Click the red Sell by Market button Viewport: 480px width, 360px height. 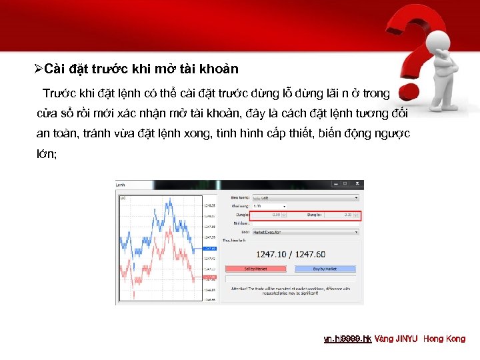click(x=256, y=269)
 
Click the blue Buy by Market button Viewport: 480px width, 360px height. click(x=325, y=269)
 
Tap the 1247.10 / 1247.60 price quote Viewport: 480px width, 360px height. click(x=291, y=254)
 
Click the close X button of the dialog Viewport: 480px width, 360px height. click(x=360, y=184)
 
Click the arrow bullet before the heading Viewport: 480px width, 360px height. click(x=39, y=69)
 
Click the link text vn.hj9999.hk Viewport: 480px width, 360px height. click(x=347, y=339)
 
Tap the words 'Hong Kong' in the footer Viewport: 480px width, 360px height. click(x=445, y=339)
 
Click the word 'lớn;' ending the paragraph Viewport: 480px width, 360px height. click(x=47, y=154)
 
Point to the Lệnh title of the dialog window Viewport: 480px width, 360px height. click(x=121, y=184)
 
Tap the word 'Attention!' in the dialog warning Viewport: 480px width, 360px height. click(x=237, y=288)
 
